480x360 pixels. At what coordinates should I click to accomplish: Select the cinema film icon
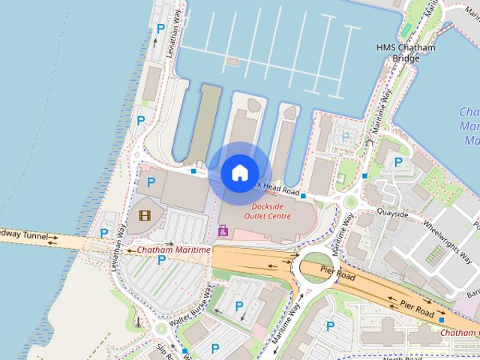click(143, 216)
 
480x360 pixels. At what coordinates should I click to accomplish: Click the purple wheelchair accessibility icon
click(223, 231)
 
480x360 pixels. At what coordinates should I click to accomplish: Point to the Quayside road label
click(393, 214)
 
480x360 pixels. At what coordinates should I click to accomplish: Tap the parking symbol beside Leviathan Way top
click(160, 29)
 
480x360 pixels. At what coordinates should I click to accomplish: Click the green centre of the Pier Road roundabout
click(315, 267)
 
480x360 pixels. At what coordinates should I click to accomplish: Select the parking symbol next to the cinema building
click(151, 182)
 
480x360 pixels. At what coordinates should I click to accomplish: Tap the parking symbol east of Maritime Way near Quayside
click(398, 161)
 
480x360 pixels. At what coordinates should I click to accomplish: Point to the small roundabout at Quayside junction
click(349, 201)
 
